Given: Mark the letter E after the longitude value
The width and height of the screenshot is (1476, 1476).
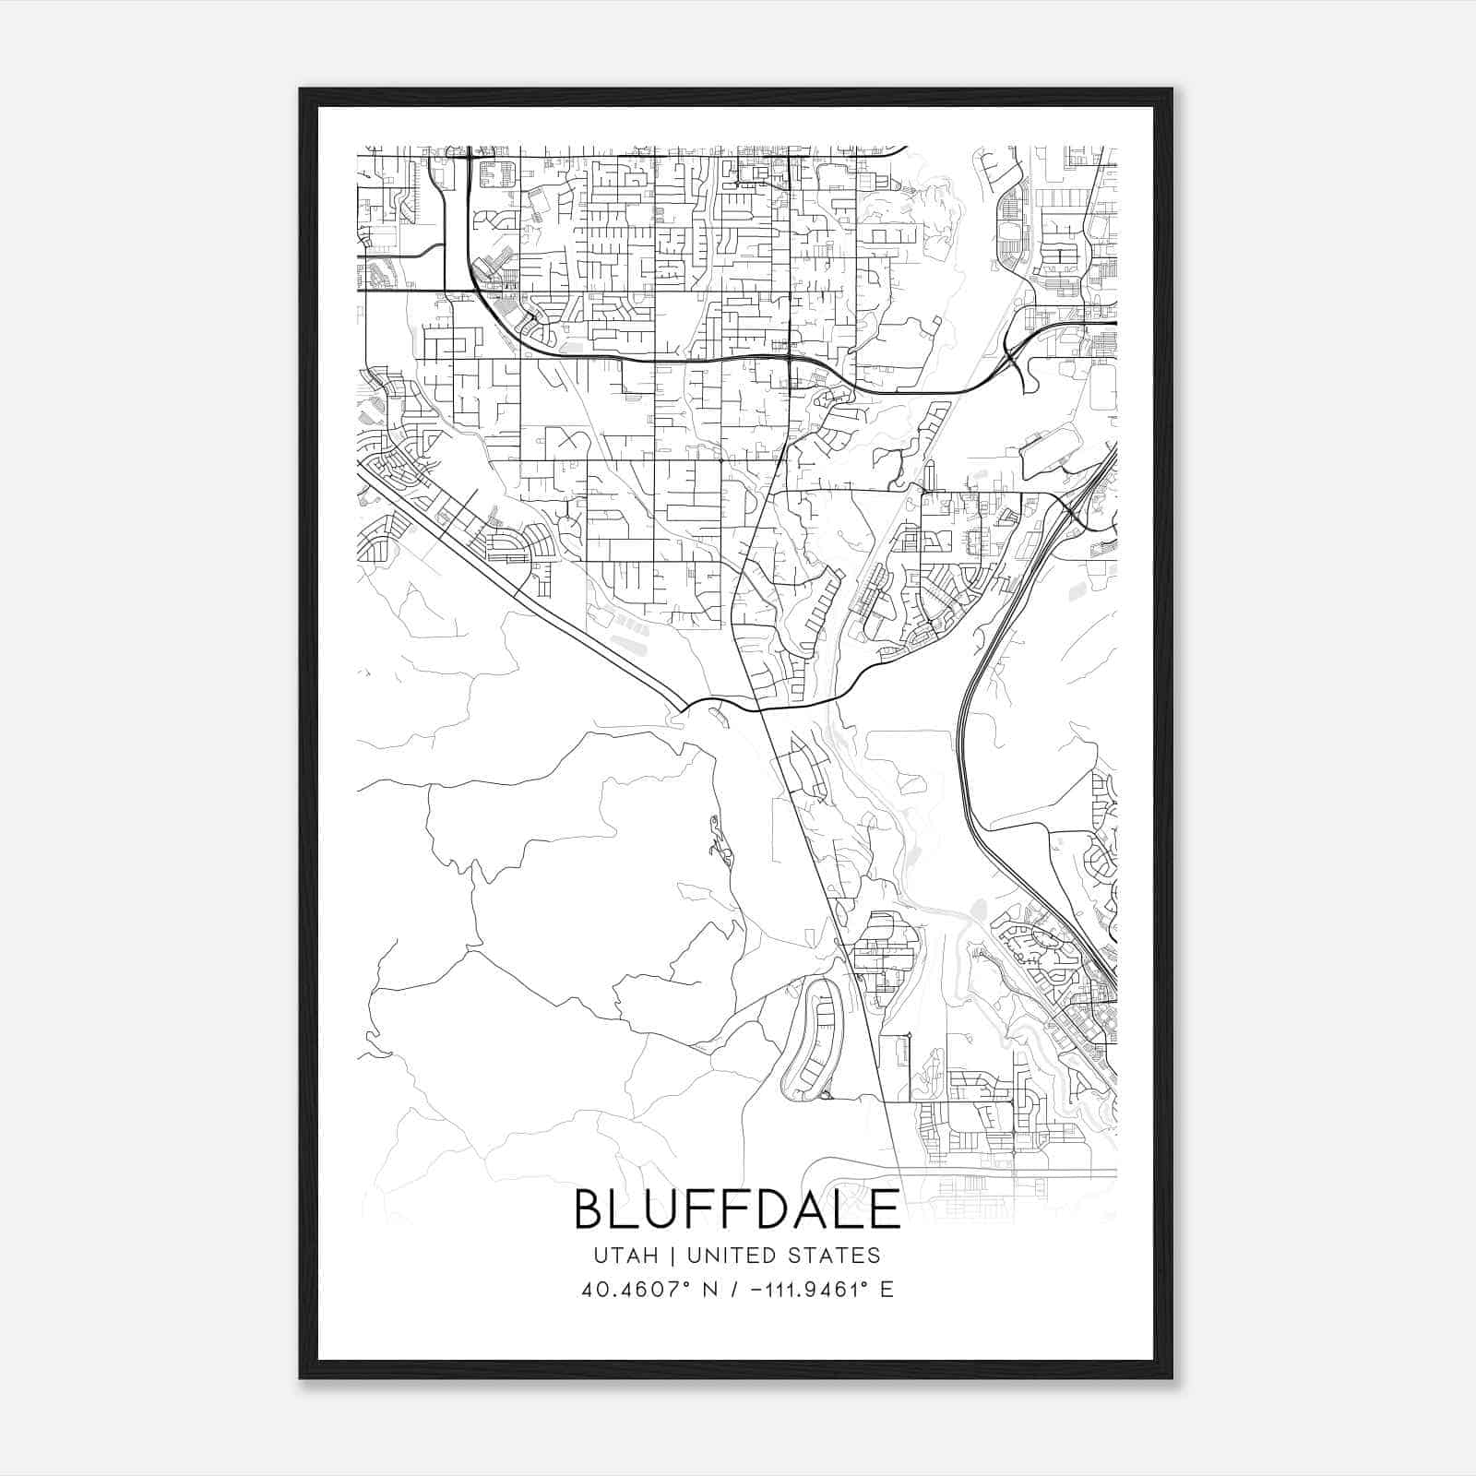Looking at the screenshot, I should pos(887,1290).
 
